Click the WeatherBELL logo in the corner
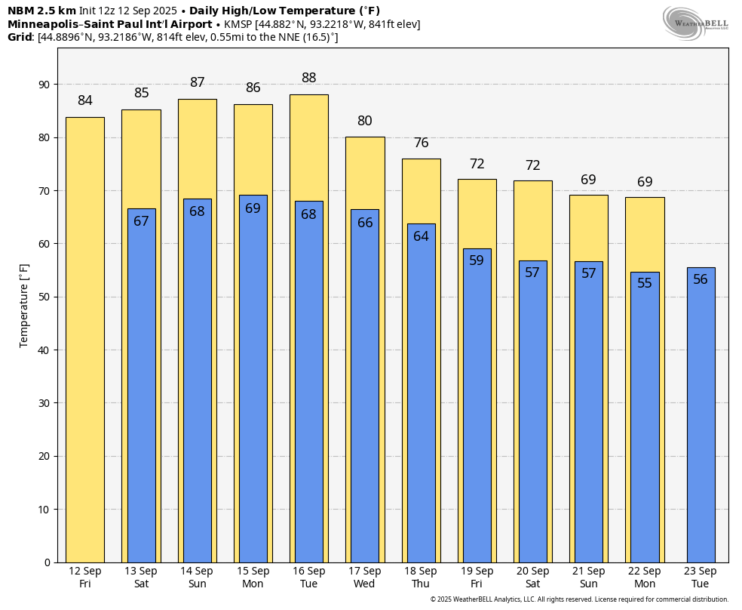click(694, 23)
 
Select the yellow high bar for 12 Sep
click(85, 340)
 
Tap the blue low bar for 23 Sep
click(701, 415)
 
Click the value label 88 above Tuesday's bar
click(309, 77)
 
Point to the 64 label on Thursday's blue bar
click(422, 236)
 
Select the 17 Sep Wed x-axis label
click(364, 578)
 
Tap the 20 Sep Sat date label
click(533, 578)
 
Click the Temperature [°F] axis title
click(23, 306)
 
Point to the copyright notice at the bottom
click(579, 599)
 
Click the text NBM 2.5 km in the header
click(41, 11)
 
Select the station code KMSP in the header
click(238, 24)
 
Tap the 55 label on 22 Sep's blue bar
click(645, 283)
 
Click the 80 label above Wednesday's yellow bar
click(365, 120)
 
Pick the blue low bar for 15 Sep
click(253, 379)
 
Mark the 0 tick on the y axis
click(48, 562)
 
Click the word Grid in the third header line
click(20, 37)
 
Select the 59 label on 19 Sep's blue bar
click(477, 260)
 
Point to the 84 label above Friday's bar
click(85, 100)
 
